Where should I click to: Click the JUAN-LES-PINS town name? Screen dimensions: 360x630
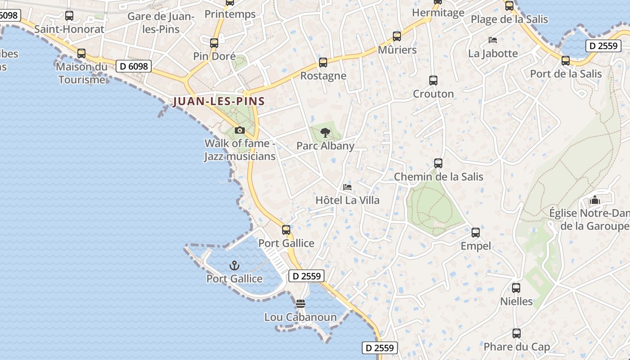pyautogui.click(x=219, y=101)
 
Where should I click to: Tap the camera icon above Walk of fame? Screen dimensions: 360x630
pyautogui.click(x=240, y=130)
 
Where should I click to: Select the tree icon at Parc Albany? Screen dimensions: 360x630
pyautogui.click(x=325, y=133)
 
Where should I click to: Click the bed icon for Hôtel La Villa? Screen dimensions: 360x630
pyautogui.click(x=347, y=187)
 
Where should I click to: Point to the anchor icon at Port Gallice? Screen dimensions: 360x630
pyautogui.click(x=234, y=265)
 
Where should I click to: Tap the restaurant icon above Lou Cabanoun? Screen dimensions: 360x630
pyautogui.click(x=301, y=304)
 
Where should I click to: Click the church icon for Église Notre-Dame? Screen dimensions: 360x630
pyautogui.click(x=595, y=199)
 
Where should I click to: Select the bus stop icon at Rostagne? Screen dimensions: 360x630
pyautogui.click(x=323, y=63)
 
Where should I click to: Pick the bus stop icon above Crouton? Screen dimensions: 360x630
pyautogui.click(x=433, y=81)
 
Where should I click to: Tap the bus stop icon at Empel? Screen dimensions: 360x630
pyautogui.click(x=475, y=233)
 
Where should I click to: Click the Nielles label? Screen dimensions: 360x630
pyautogui.click(x=516, y=301)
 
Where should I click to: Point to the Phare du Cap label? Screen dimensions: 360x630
pyautogui.click(x=517, y=347)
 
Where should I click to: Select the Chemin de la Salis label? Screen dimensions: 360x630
pyautogui.click(x=438, y=177)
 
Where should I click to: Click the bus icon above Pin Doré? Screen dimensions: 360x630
pyautogui.click(x=214, y=43)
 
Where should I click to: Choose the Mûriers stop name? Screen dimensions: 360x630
pyautogui.click(x=397, y=50)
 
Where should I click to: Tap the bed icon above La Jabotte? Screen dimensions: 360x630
pyautogui.click(x=493, y=40)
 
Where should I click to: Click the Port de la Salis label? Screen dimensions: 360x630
pyautogui.click(x=566, y=74)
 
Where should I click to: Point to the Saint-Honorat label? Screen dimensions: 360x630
pyautogui.click(x=69, y=29)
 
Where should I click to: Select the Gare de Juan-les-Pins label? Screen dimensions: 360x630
pyautogui.click(x=160, y=23)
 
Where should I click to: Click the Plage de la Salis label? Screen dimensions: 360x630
pyautogui.click(x=509, y=19)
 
